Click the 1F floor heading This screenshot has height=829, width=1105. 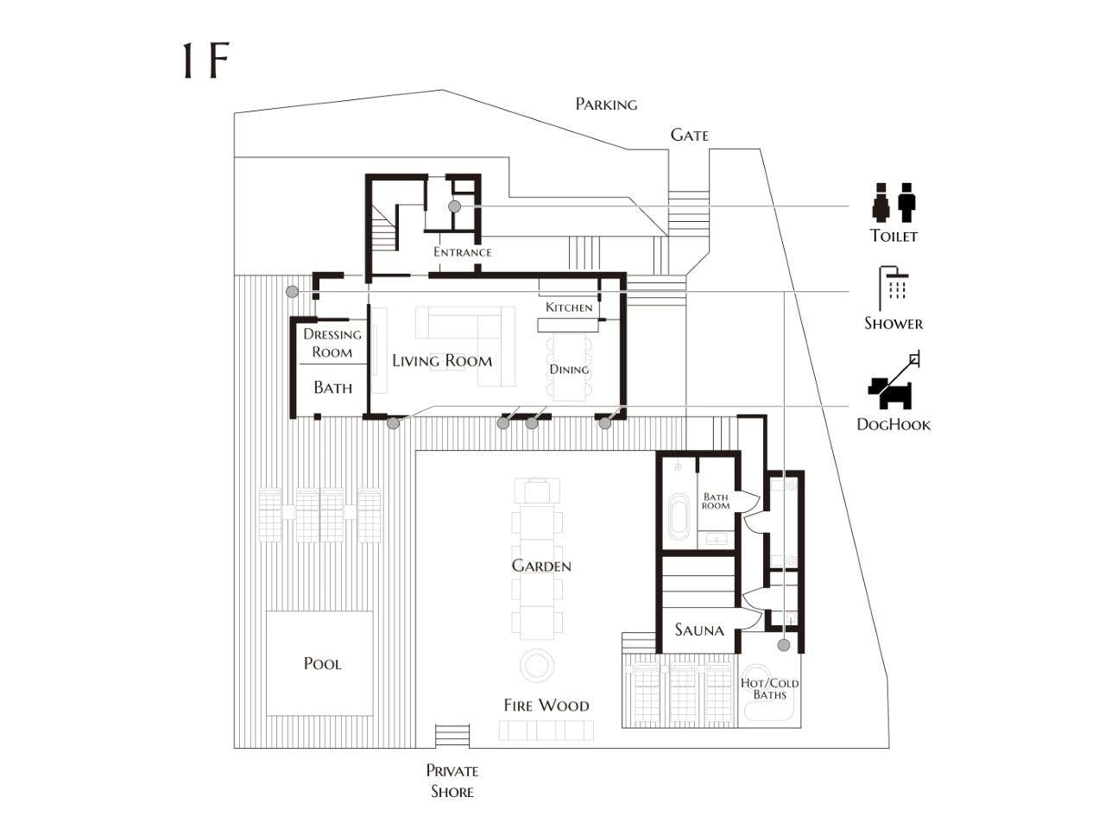pyautogui.click(x=205, y=61)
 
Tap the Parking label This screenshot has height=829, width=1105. pyautogui.click(x=606, y=104)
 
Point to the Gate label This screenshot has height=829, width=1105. pyautogui.click(x=689, y=135)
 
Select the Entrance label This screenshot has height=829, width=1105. pyautogui.click(x=462, y=251)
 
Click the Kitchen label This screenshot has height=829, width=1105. pyautogui.click(x=569, y=307)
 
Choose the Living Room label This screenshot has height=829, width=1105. pyautogui.click(x=442, y=360)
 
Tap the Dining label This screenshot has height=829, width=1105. pyautogui.click(x=569, y=370)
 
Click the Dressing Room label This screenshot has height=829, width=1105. pyautogui.click(x=332, y=343)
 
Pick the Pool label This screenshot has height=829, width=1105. pyautogui.click(x=323, y=663)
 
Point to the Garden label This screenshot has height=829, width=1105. pyautogui.click(x=541, y=566)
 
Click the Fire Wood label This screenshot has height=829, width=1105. pyautogui.click(x=546, y=706)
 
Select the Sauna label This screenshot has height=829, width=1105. pyautogui.click(x=699, y=630)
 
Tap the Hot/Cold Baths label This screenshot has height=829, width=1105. pyautogui.click(x=770, y=689)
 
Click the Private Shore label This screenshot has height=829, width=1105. pyautogui.click(x=452, y=782)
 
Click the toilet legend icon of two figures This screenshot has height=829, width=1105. pyautogui.click(x=893, y=202)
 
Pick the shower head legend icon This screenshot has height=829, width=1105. pyautogui.click(x=893, y=288)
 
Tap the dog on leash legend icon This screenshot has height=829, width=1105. pyautogui.click(x=893, y=380)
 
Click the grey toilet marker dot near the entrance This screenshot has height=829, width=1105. pyautogui.click(x=454, y=206)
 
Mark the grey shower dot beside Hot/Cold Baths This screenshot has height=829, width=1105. pyautogui.click(x=783, y=645)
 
